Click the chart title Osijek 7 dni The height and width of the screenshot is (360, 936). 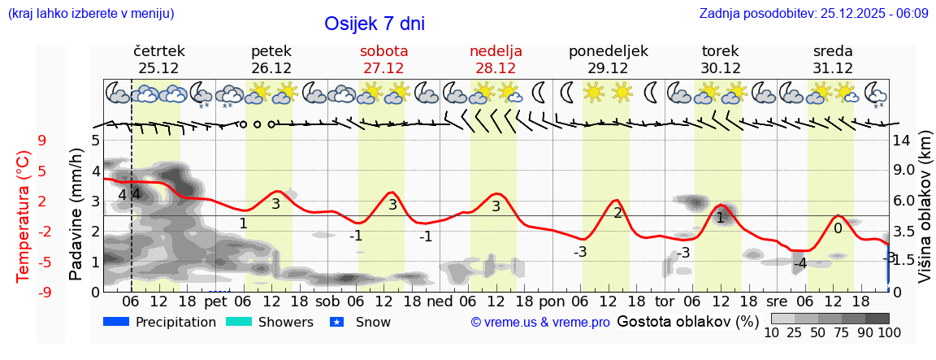374,24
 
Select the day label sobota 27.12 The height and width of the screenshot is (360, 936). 383,59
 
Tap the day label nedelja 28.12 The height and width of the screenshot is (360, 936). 496,59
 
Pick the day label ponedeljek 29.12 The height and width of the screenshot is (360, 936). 608,59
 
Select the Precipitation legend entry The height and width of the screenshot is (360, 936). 160,322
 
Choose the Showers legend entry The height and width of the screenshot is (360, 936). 269,322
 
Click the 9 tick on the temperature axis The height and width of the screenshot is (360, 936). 41,141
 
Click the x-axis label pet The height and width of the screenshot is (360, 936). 214,301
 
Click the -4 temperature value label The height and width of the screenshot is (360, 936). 800,263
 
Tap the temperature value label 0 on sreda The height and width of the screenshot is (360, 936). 838,229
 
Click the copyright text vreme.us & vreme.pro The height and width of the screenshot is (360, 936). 540,323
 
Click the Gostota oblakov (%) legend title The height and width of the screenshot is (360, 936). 687,321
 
